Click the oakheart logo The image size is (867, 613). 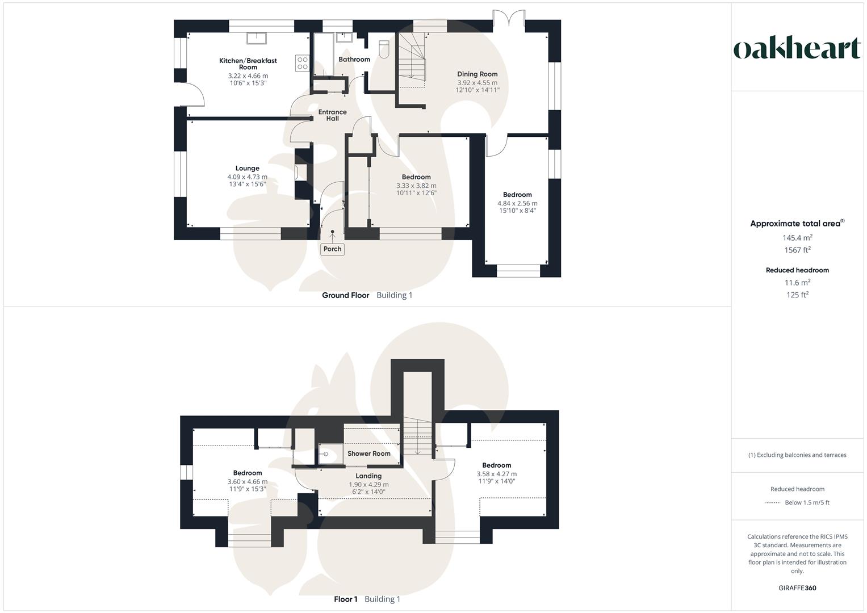(797, 49)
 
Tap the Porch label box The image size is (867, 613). (332, 249)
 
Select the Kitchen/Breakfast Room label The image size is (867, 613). (248, 64)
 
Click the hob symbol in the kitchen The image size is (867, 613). (302, 63)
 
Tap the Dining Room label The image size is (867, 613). (477, 74)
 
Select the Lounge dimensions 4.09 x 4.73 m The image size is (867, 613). (247, 177)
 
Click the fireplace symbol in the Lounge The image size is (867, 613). (300, 172)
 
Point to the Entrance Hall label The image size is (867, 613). (332, 115)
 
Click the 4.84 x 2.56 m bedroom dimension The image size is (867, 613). (517, 203)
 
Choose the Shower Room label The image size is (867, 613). (368, 454)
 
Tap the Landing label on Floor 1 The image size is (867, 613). (368, 476)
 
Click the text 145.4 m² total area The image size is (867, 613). (797, 237)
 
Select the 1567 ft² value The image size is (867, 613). (797, 250)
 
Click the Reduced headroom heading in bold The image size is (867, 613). (797, 270)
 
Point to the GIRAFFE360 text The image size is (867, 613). (797, 588)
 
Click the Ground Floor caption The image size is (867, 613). (345, 295)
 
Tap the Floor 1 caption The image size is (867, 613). (345, 599)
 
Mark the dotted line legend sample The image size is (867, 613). (773, 503)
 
